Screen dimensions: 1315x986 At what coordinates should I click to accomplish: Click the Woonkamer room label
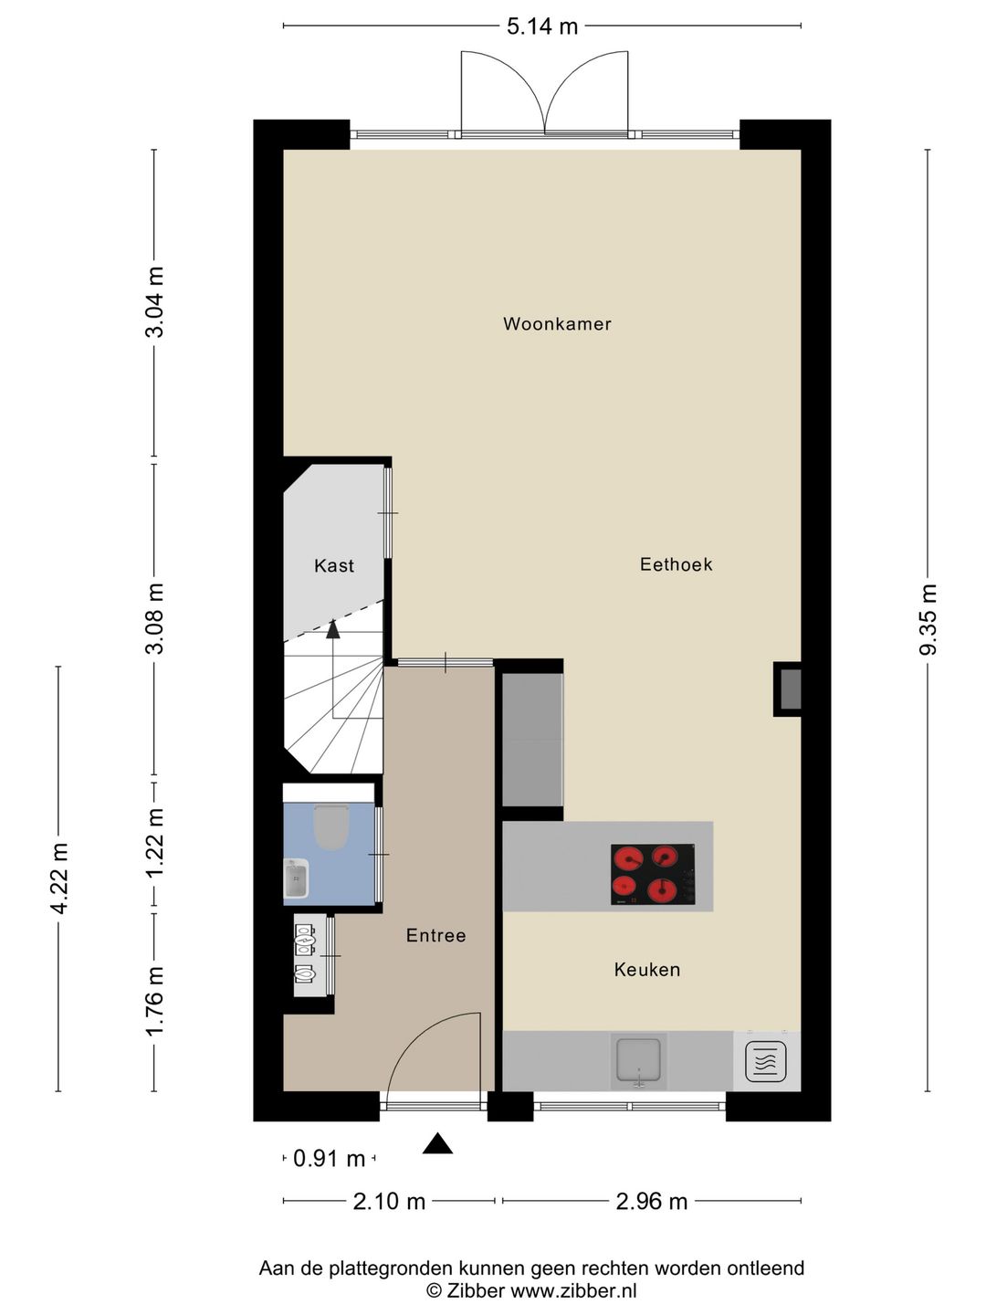tap(557, 324)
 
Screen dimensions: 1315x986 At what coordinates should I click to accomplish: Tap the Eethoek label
tap(676, 564)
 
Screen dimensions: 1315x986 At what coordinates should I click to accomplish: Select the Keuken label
tap(646, 970)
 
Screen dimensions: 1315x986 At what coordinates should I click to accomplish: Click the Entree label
tap(435, 935)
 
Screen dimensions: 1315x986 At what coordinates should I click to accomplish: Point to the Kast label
tap(334, 566)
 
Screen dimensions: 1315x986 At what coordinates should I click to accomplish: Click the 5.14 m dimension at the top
tap(542, 26)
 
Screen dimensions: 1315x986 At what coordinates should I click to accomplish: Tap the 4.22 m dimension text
tap(59, 878)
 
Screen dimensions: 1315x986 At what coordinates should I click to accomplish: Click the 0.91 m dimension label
tap(329, 1159)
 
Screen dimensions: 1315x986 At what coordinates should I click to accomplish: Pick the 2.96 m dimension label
tap(651, 1201)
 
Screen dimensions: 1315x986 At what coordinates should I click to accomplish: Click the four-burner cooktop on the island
tap(652, 874)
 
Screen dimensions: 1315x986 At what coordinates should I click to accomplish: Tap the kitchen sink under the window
tap(640, 1060)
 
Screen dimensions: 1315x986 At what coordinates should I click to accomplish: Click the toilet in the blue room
tap(331, 826)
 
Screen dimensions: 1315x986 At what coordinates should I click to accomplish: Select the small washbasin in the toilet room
tap(296, 879)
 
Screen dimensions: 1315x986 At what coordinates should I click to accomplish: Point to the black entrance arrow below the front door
tap(437, 1143)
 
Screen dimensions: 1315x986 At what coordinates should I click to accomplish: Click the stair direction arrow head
tap(333, 628)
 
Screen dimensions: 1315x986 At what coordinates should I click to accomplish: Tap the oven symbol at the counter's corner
tap(765, 1062)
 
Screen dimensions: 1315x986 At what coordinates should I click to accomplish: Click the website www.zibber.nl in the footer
tap(573, 1291)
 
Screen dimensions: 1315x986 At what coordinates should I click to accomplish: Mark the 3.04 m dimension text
tap(155, 302)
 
